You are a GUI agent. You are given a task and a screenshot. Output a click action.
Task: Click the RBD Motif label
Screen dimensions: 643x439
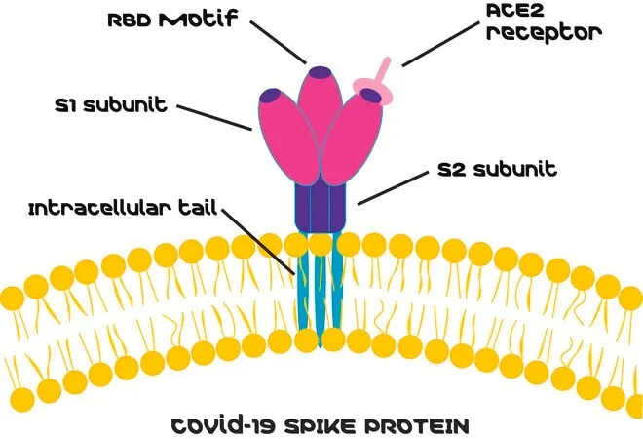point(172,19)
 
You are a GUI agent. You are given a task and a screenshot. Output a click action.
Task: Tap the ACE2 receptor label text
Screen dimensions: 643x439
point(544,21)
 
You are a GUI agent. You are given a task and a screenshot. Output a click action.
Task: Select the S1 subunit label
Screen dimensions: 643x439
point(111,105)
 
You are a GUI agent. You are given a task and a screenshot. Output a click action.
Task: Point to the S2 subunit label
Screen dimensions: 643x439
point(497,169)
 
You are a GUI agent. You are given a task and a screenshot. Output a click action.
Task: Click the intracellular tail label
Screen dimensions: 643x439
point(123,208)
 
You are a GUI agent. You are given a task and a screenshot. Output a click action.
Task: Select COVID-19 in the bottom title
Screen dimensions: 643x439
point(225,426)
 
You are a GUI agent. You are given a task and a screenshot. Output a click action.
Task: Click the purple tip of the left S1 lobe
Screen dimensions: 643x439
point(270,96)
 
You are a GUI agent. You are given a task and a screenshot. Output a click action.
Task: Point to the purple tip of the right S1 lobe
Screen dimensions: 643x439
point(371,95)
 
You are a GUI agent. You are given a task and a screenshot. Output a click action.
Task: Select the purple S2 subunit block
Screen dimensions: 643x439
point(321,208)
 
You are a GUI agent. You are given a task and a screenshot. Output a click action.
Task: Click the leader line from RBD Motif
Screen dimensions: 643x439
point(279,42)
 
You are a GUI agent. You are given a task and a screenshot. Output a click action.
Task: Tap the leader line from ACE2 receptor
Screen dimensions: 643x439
point(440,44)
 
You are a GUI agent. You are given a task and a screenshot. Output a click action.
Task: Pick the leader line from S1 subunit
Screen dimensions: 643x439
point(214,118)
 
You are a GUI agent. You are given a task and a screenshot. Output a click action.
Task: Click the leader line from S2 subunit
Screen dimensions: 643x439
point(393,188)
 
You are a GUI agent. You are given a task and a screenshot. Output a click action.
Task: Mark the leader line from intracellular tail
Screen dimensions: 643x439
point(259,242)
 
